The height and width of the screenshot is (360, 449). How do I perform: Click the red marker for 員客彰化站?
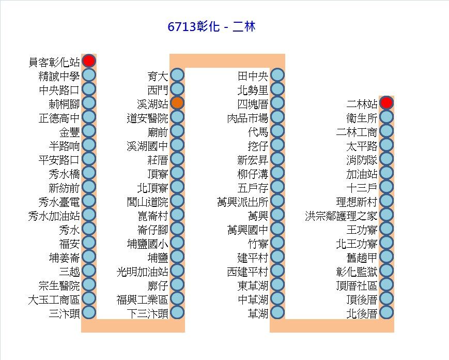click(x=89, y=61)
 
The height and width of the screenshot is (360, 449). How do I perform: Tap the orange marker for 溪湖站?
click(x=177, y=102)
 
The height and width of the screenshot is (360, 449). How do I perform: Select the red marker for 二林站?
click(x=386, y=102)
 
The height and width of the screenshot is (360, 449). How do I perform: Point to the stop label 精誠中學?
click(x=59, y=76)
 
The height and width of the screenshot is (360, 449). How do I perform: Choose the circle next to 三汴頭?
click(x=89, y=312)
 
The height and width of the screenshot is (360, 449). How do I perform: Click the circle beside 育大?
click(x=177, y=75)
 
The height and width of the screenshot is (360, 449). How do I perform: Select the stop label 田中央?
click(x=253, y=76)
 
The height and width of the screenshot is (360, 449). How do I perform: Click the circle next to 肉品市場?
click(x=277, y=117)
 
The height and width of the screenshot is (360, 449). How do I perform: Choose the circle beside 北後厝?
click(x=386, y=312)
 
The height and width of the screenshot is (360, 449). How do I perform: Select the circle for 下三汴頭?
click(x=177, y=312)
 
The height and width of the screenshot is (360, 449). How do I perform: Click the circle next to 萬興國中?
click(x=277, y=229)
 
